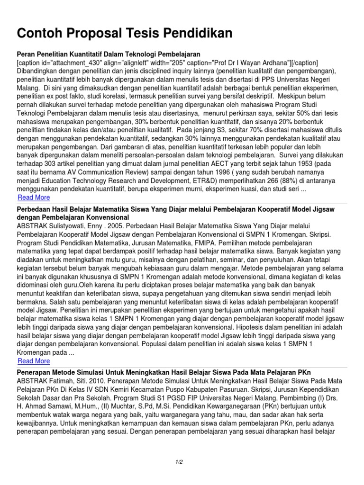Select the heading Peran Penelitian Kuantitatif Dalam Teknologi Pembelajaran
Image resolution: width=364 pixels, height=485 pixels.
pos(109,54)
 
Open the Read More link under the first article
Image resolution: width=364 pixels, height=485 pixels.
pos(34,197)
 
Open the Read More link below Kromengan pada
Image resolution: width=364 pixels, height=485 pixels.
pos(34,361)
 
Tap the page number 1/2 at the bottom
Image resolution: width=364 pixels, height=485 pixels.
pos(182,462)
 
